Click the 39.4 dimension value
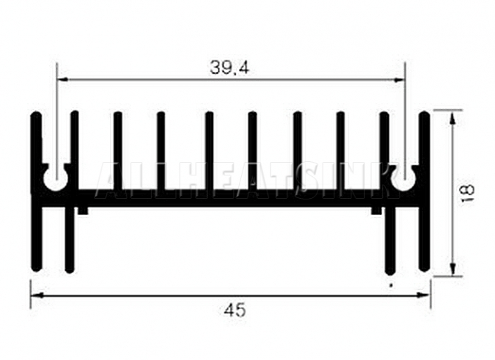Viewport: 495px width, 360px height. click(230, 68)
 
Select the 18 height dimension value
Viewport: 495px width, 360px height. click(469, 193)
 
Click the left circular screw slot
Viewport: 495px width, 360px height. click(56, 179)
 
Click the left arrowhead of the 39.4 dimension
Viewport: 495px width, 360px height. click(62, 80)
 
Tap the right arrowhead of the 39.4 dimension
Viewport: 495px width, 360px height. click(399, 80)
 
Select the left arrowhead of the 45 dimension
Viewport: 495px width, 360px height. click(37, 295)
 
